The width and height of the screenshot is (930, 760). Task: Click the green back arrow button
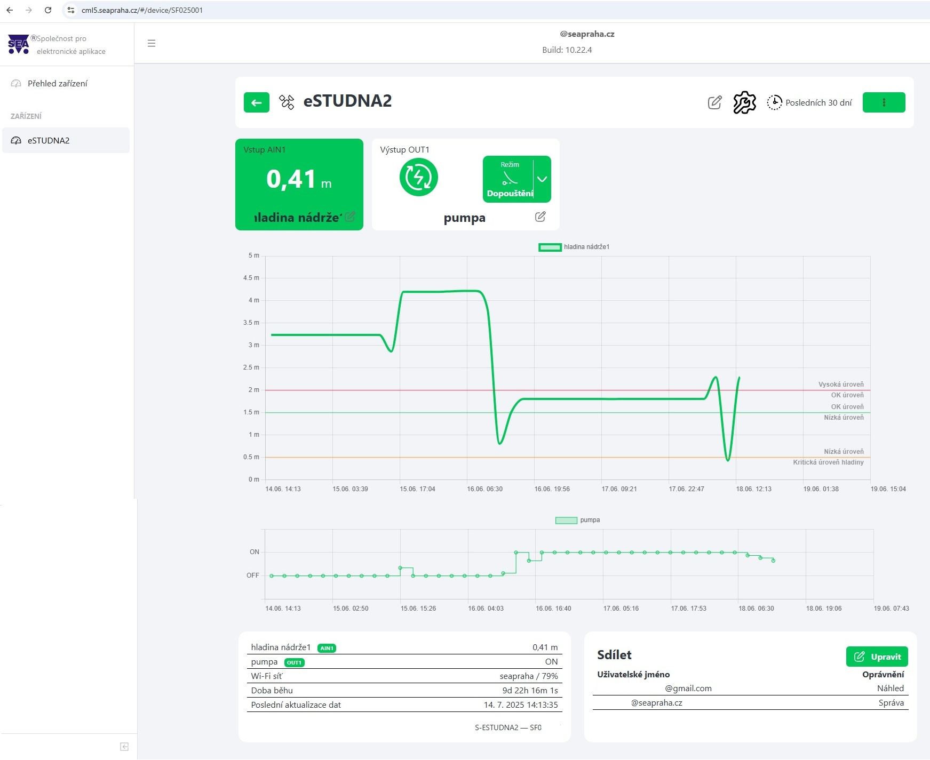257,102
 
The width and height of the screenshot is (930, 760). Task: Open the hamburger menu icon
152,43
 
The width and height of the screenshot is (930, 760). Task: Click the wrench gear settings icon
744,102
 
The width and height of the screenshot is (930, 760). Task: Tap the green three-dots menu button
884,102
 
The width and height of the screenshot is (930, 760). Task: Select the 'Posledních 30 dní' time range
809,102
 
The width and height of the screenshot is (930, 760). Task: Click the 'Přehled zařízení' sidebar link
57,84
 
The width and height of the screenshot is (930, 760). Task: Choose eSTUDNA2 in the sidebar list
49,141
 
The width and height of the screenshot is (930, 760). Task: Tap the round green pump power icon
419,178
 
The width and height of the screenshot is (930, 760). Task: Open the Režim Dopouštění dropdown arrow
542,179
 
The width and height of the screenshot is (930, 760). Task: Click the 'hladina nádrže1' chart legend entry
574,247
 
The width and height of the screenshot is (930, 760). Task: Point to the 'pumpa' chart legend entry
578,520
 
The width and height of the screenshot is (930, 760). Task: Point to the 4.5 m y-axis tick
251,278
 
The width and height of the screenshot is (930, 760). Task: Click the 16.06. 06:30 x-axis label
484,489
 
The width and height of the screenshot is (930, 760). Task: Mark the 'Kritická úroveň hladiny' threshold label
828,462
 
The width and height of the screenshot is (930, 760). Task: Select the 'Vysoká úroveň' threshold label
841,385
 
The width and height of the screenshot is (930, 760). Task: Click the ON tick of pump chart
255,552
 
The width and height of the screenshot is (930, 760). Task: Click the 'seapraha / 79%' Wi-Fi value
529,676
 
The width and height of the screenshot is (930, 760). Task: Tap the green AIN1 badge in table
327,649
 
